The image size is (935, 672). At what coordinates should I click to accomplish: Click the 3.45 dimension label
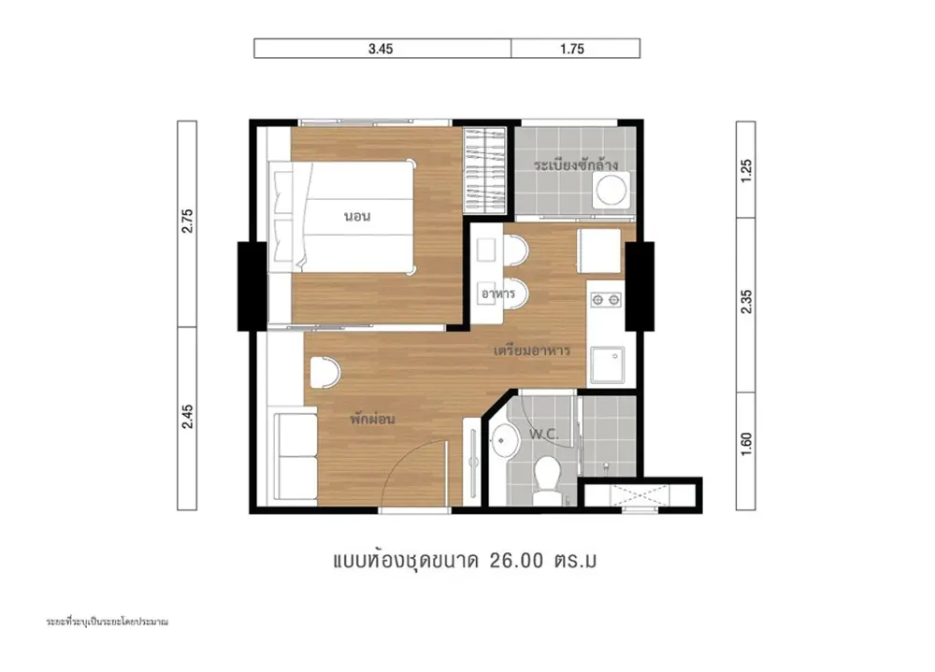[381, 49]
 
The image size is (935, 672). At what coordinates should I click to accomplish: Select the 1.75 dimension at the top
[572, 49]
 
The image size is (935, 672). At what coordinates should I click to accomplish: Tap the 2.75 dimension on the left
[187, 221]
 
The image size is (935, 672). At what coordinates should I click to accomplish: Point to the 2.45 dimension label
[187, 416]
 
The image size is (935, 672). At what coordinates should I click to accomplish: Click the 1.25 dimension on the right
[746, 170]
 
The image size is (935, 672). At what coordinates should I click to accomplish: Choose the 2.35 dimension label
[746, 302]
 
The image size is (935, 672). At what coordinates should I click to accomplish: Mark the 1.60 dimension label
[746, 444]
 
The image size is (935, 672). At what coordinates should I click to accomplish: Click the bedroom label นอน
[357, 216]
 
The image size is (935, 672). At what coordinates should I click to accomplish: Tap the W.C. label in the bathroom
[544, 434]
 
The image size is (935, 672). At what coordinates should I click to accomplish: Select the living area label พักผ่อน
[372, 419]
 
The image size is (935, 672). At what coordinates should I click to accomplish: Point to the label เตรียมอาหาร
[532, 350]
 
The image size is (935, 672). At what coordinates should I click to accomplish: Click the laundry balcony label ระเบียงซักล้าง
[575, 164]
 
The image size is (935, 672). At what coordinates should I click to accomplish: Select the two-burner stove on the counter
[605, 300]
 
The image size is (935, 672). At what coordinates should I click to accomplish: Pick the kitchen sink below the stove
[608, 365]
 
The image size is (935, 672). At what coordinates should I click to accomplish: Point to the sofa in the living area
[295, 456]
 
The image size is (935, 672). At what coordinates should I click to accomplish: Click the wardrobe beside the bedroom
[484, 170]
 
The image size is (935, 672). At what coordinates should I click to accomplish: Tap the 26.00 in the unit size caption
[516, 561]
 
